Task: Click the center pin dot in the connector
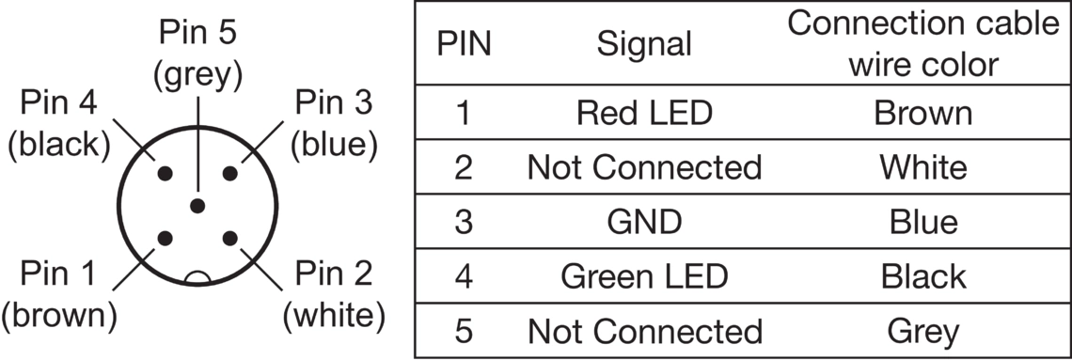click(197, 206)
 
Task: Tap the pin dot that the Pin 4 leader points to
click(165, 174)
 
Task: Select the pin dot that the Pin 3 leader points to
click(230, 174)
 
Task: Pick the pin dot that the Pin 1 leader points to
click(165, 239)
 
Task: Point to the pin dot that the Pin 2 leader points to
click(230, 239)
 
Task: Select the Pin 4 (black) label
click(59, 124)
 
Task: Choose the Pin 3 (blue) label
click(334, 124)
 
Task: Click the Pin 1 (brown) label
click(59, 295)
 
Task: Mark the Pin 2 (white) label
click(334, 295)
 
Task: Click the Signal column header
click(644, 45)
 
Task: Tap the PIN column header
click(464, 45)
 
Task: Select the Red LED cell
click(644, 113)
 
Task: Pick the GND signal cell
click(644, 222)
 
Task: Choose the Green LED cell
click(644, 276)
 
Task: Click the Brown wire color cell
click(923, 113)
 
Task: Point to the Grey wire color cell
click(923, 331)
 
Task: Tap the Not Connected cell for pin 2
click(644, 167)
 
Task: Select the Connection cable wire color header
click(923, 44)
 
